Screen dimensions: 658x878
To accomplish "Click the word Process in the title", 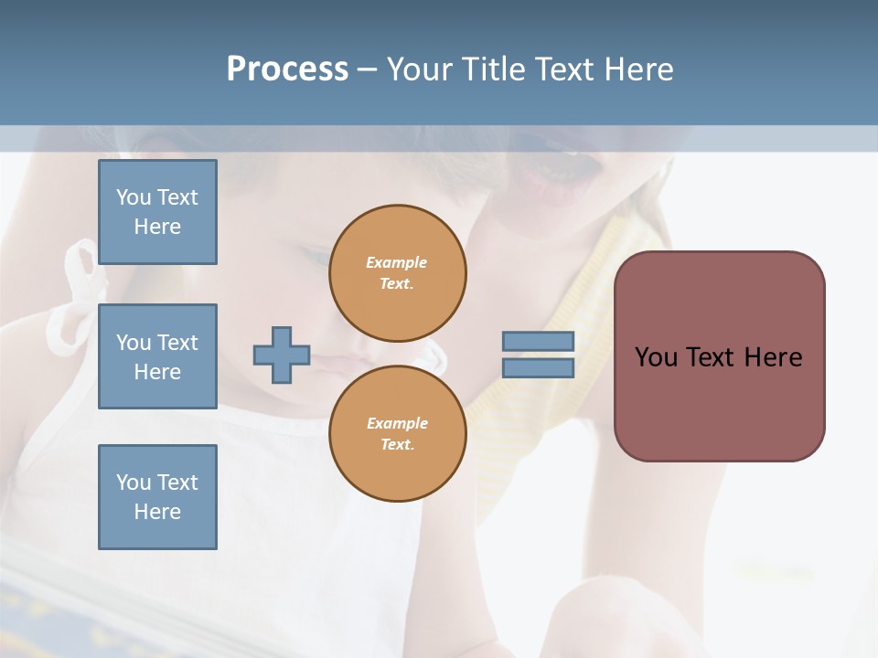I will coord(287,69).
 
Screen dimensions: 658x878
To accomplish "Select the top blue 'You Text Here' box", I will coord(157,212).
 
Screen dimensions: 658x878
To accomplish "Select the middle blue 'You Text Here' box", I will coord(157,356).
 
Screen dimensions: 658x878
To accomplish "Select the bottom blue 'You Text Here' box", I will coord(157,497).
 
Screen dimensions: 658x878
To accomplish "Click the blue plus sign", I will coord(282,355).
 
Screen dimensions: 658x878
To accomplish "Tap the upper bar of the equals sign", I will coord(538,341).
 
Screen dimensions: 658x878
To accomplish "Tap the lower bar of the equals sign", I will coord(538,367).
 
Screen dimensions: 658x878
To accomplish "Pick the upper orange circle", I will coord(398,273).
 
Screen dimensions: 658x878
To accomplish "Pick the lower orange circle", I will coord(398,433).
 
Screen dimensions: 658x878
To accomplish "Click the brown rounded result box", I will coord(719,356).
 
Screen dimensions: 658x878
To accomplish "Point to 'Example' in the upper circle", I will coord(397,262).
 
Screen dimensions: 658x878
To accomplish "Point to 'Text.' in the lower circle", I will coord(397,444).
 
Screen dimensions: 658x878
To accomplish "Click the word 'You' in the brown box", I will coord(656,357).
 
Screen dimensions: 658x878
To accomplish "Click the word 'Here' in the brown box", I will coord(773,357).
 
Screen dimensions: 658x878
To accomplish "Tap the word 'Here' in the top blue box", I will coord(157,227).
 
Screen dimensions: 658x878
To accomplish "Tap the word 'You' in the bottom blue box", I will coord(134,483).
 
